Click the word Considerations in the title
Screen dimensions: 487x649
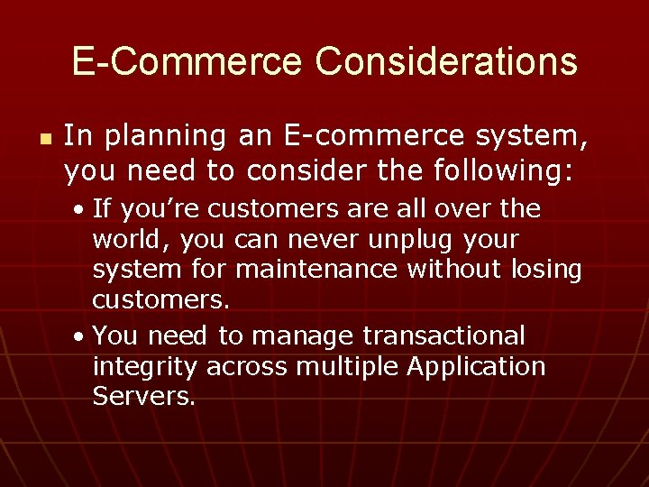(x=446, y=61)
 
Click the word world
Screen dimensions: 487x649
(x=131, y=241)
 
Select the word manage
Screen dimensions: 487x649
(x=304, y=336)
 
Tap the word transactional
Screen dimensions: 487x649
(x=443, y=335)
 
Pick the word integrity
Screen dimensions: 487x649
(x=145, y=368)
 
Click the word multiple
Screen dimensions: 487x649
(x=354, y=368)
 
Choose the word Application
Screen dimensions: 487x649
(x=478, y=368)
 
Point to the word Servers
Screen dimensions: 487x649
(x=143, y=398)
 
